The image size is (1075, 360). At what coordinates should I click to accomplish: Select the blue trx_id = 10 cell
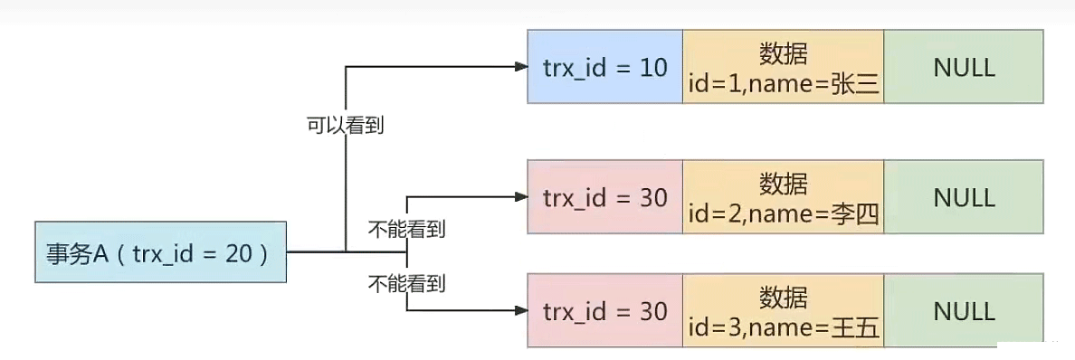click(x=604, y=67)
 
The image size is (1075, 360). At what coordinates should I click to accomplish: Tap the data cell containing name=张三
click(x=783, y=67)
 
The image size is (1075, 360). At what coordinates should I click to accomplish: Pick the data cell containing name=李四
click(x=783, y=198)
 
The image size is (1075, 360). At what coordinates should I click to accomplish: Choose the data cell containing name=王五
click(x=783, y=312)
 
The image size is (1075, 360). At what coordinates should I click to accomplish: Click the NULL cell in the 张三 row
click(x=964, y=67)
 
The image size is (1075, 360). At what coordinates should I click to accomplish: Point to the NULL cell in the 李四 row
click(x=964, y=198)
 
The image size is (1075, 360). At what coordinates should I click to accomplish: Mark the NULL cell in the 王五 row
click(x=964, y=312)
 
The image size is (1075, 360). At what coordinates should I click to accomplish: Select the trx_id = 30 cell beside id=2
click(x=604, y=198)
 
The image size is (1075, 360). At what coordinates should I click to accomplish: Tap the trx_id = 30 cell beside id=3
click(x=604, y=312)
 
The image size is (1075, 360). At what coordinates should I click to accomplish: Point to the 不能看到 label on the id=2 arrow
click(x=406, y=229)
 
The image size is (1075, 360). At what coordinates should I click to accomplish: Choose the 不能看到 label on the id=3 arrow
click(x=406, y=283)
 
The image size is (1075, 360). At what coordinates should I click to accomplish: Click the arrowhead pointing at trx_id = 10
click(x=519, y=67)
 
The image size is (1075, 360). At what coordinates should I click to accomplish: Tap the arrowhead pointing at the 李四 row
click(x=519, y=195)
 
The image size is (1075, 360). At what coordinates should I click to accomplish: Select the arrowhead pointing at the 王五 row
click(x=519, y=310)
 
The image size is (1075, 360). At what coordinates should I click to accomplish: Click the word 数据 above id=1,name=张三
click(x=783, y=53)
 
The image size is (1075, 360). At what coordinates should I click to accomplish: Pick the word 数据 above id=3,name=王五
click(x=783, y=298)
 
